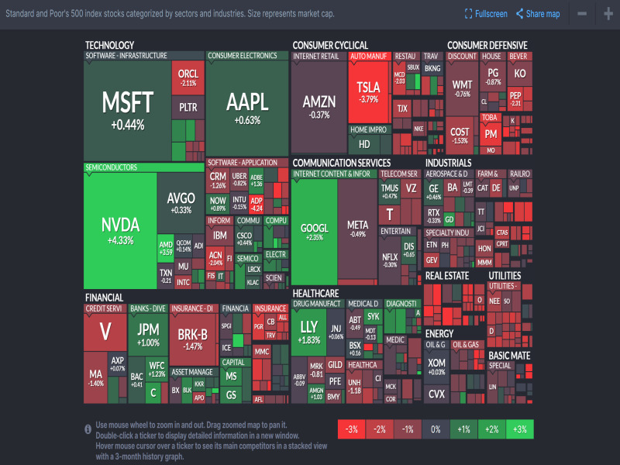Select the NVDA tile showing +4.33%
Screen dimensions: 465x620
pos(120,229)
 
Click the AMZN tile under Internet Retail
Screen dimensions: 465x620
pos(319,107)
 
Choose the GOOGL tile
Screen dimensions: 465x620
pos(315,232)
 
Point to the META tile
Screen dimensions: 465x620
pos(357,229)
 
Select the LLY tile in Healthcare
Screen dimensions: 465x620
pos(309,332)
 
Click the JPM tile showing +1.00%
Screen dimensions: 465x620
pos(148,335)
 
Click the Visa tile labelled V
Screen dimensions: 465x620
pos(105,332)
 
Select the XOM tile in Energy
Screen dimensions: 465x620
pos(436,366)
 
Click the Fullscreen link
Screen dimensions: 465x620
pos(486,14)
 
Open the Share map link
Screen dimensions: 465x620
pos(538,14)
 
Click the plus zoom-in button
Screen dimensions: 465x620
pos(608,14)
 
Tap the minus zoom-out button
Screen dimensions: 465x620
pos(582,14)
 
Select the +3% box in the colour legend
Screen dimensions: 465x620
pos(519,429)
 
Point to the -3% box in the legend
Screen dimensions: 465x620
pos(352,429)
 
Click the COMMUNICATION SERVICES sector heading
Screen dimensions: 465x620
pos(341,163)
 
